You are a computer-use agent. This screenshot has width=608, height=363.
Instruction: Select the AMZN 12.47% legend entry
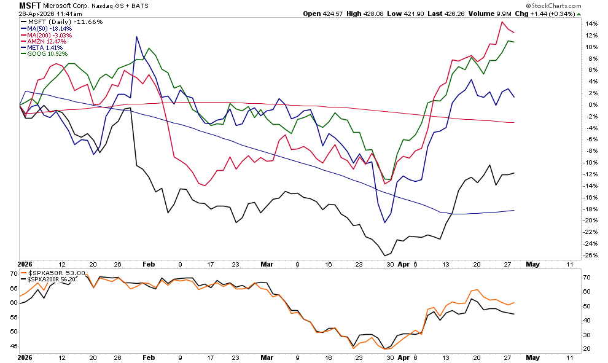[x=47, y=41]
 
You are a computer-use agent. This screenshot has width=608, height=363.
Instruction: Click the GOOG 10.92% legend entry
[x=47, y=54]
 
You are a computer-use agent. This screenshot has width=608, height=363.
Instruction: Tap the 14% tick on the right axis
[x=590, y=23]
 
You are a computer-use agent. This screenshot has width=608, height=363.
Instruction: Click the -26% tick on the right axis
[x=590, y=256]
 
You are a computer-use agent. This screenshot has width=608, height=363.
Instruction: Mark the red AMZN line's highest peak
[x=502, y=22]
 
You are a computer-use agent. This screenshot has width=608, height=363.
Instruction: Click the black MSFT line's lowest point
[x=384, y=256]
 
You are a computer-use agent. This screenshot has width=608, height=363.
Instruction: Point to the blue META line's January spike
[x=135, y=37]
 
